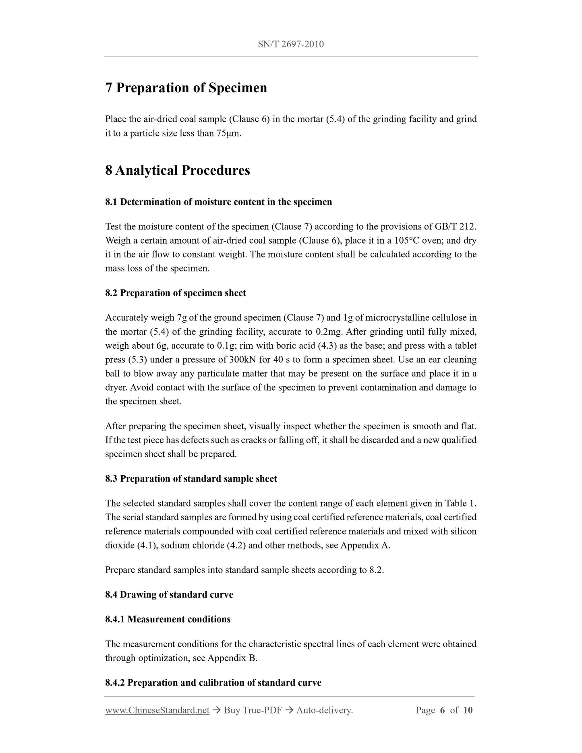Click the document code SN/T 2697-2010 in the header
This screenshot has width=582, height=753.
tap(290, 44)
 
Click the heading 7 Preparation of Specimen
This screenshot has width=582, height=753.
tap(186, 88)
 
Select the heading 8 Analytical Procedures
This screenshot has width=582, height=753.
tap(178, 170)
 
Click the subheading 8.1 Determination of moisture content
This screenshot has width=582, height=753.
tap(219, 202)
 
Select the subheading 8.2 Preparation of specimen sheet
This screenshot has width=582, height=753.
tap(176, 293)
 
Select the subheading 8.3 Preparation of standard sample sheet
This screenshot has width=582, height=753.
tap(191, 479)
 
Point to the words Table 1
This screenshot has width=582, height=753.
tap(461, 503)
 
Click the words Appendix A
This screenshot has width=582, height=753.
tap(365, 546)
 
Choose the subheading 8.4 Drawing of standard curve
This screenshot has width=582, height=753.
tap(169, 595)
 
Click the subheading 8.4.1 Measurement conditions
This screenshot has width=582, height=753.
tap(168, 619)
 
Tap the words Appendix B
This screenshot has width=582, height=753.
tap(232, 658)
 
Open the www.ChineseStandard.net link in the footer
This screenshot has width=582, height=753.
tap(157, 710)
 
